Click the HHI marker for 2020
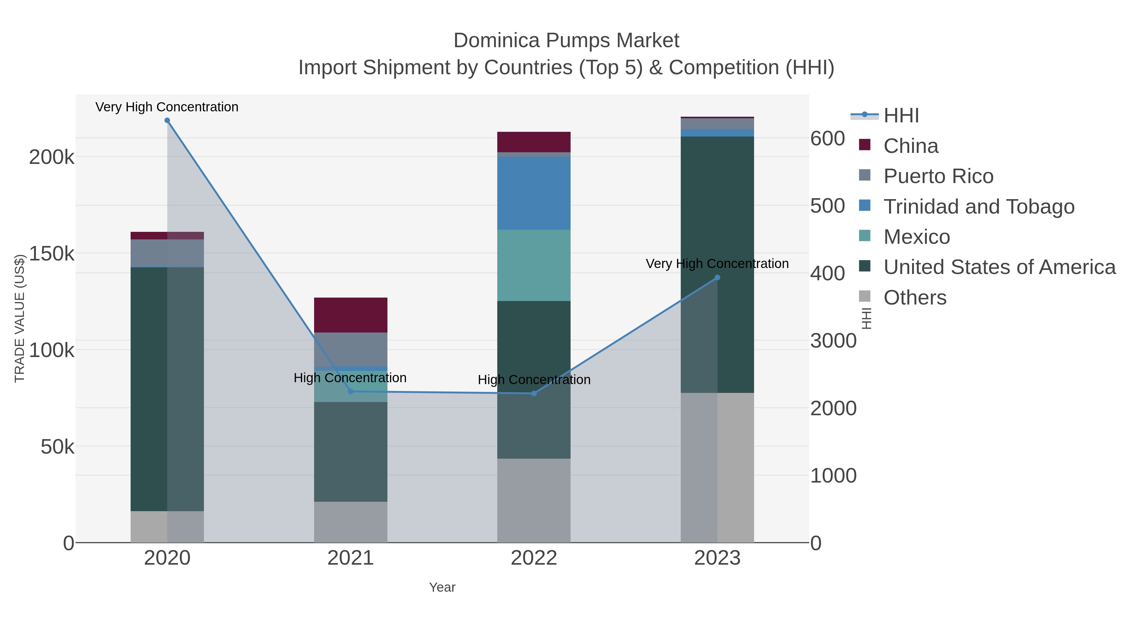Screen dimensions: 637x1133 167,120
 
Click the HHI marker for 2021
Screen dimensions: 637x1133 351,391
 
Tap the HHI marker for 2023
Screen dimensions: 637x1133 717,277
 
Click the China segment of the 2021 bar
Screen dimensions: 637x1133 351,315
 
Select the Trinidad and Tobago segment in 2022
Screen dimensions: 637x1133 534,193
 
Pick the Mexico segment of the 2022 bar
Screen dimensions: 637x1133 534,265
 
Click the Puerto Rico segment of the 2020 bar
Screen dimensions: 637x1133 167,253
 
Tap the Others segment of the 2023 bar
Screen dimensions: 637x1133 717,467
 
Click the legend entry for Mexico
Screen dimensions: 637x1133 916,237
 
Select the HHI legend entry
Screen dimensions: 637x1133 901,116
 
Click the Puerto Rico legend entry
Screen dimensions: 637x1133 938,176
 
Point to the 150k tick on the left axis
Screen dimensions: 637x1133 52,254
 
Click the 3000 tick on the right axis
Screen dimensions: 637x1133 833,341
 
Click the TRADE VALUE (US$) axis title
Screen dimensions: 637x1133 20,318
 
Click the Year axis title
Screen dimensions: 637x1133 442,587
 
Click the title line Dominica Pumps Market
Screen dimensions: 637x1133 566,41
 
